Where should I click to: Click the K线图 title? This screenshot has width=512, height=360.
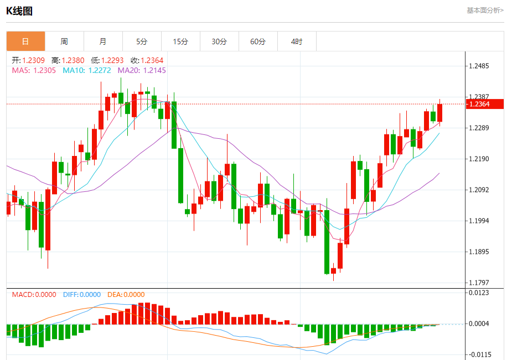coord(19,11)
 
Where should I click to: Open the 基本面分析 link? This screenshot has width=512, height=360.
coord(485,10)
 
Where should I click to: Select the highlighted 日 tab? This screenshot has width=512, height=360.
coord(25,41)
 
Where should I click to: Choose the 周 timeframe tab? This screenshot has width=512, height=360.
coord(64,41)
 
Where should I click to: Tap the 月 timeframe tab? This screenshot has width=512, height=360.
coord(103,41)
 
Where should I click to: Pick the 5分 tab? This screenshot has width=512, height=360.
coord(142,41)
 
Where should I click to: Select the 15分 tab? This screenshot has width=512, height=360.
coord(180,41)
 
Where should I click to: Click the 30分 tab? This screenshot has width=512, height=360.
coord(219,41)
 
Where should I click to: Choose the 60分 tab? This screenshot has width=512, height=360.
coord(258,41)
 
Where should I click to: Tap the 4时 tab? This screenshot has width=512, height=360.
coord(297,41)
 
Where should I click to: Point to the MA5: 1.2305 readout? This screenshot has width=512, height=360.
coord(34,70)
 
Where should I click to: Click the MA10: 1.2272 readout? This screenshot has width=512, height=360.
coord(86,70)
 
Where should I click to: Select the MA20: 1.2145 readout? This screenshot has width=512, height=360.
coord(141,70)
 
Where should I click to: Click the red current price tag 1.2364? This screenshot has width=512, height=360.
coord(485,104)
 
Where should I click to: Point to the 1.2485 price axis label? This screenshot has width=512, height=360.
coord(479,66)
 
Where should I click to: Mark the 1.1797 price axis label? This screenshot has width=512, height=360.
coord(479,283)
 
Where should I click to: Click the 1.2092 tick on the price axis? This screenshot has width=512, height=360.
coord(479,190)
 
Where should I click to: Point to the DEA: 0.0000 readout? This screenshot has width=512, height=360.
coord(126,295)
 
